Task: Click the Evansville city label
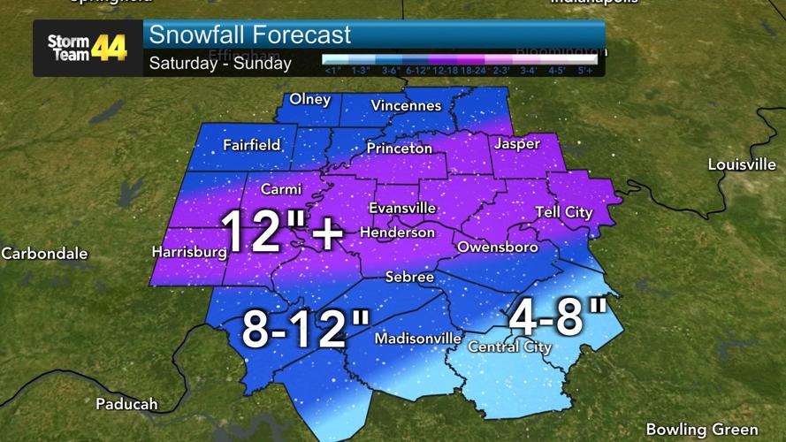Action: (x=402, y=208)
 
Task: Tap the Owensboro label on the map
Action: (x=497, y=248)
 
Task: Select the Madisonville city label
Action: (x=418, y=339)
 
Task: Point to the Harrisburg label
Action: (x=189, y=252)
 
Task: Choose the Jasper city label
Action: (x=517, y=143)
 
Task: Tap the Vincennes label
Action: (x=406, y=106)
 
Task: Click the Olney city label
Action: (x=309, y=99)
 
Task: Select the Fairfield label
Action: (x=251, y=145)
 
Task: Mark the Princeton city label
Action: (x=400, y=149)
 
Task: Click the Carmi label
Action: (x=281, y=189)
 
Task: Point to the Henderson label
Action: (x=397, y=232)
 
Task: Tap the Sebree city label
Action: (x=409, y=278)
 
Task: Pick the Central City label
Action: (x=509, y=347)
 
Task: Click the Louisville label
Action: (x=742, y=165)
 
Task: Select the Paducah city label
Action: (x=126, y=404)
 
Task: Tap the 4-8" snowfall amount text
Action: (x=557, y=318)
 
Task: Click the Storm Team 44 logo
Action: (x=87, y=48)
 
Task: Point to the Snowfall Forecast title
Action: (x=250, y=35)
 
